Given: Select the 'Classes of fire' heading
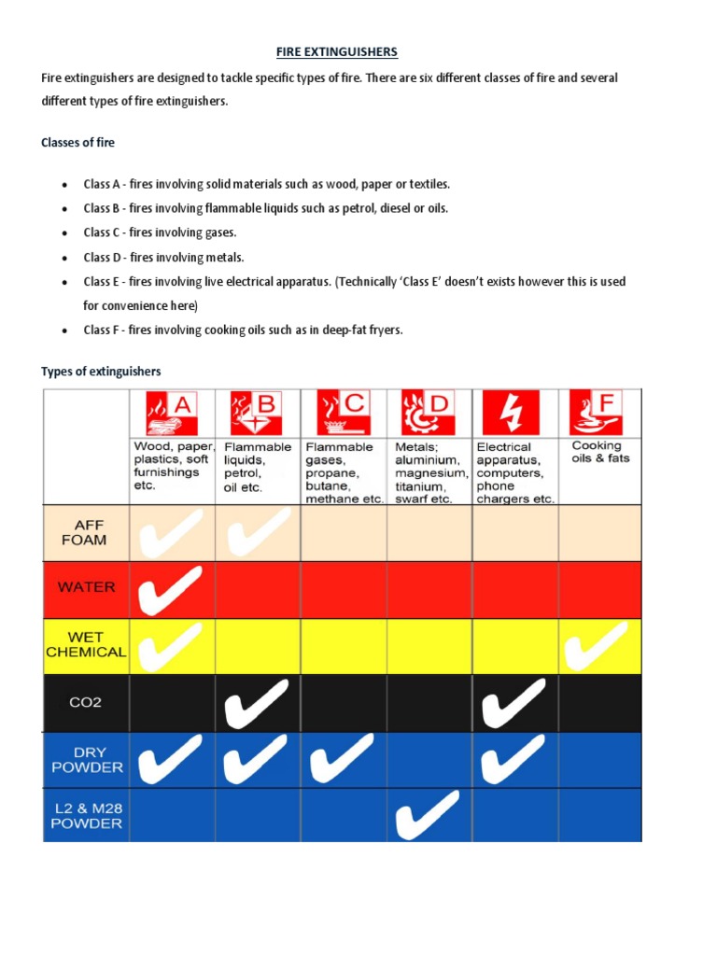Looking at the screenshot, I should click(x=78, y=143).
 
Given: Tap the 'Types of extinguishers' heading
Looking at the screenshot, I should click(x=101, y=372).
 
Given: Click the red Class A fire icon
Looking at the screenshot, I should click(x=172, y=413).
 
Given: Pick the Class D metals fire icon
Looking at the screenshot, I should click(x=428, y=413).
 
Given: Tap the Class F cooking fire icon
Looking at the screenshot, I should click(x=596, y=413).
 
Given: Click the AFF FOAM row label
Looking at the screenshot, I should click(x=85, y=532).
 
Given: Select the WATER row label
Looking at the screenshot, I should click(x=86, y=587).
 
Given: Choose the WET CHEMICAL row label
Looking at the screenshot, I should click(x=86, y=645).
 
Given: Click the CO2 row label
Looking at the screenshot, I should click(x=86, y=702).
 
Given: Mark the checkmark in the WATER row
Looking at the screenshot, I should click(x=170, y=590).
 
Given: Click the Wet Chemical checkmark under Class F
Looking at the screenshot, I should click(x=597, y=646).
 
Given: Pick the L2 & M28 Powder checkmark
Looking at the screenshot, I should click(x=428, y=815).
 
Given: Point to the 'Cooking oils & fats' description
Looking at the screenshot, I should click(x=600, y=452).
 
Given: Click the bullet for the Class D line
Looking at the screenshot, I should click(x=63, y=258).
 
